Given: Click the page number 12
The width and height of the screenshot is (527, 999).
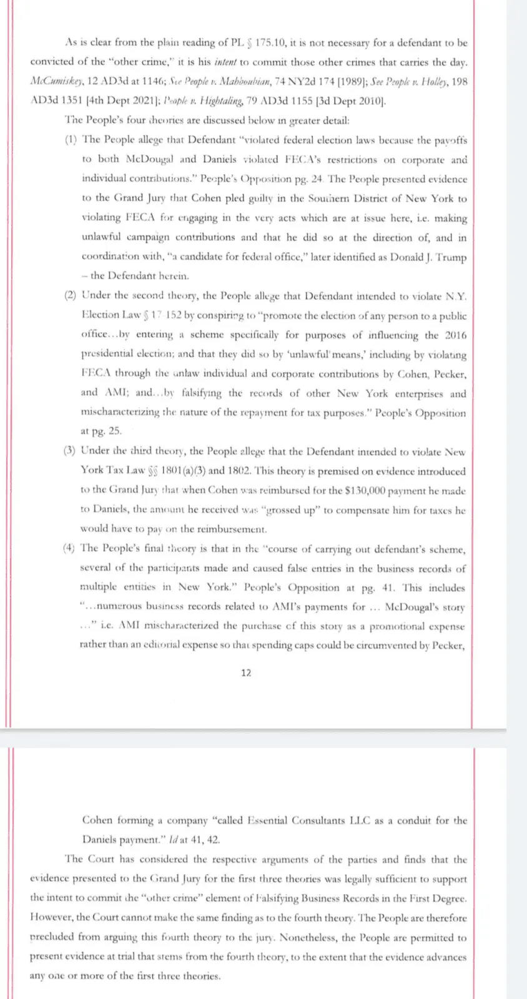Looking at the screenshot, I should (x=246, y=672).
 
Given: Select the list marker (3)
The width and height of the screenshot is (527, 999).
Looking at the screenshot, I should (x=71, y=451).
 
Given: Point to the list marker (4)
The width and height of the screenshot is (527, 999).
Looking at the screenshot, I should (x=69, y=548).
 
